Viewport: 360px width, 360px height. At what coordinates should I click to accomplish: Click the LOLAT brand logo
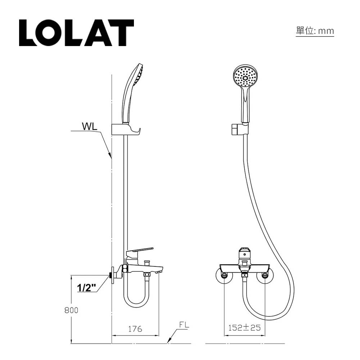[x=76, y=33]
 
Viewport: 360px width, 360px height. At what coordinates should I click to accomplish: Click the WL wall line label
[x=89, y=127]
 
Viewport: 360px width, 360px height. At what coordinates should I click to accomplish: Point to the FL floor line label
[x=184, y=325]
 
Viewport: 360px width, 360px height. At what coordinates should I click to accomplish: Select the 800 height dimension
[x=71, y=310]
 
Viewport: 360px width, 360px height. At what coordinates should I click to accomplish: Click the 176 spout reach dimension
[x=135, y=329]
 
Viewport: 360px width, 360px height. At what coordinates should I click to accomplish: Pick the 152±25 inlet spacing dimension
[x=244, y=328]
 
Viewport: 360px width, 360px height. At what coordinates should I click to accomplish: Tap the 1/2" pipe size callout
[x=87, y=288]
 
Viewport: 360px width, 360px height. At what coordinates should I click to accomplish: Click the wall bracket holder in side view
[x=126, y=129]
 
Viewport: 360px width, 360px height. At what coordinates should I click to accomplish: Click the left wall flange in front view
[x=224, y=276]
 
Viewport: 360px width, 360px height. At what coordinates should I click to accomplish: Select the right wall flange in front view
[x=265, y=276]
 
